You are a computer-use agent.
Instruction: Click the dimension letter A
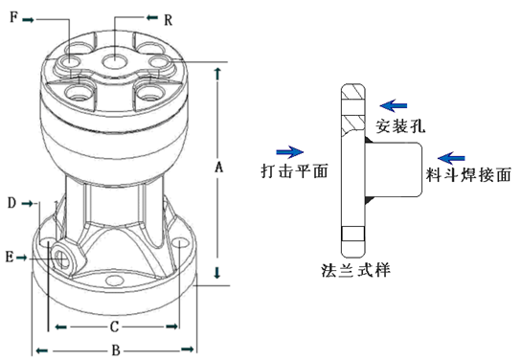pos(218,168)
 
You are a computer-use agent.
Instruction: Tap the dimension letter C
pos(113,326)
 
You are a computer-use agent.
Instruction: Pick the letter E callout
pos(10,257)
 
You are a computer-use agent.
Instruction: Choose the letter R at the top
pos(168,19)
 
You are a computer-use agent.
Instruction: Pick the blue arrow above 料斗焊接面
pos(451,156)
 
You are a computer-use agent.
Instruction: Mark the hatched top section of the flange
pos(352,102)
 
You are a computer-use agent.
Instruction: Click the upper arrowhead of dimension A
pos(220,72)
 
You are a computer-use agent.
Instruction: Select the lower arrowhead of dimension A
pos(220,274)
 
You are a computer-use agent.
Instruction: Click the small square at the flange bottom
pos(352,235)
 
